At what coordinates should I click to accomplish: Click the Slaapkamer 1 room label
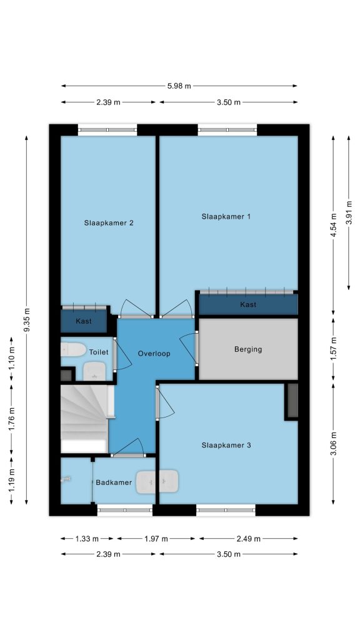coord(226,216)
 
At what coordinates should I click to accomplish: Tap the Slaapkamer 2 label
coord(109,223)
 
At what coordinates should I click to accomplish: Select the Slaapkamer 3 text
coord(226,445)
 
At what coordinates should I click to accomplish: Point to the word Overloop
coord(154,354)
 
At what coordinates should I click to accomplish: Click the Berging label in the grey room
coord(248,349)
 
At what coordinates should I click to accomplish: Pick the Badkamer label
coord(114,482)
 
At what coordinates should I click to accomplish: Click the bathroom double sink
coord(157,481)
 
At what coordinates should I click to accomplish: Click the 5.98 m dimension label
coord(179,86)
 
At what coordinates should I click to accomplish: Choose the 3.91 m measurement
coord(349,212)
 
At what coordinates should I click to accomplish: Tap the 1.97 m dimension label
coord(156,539)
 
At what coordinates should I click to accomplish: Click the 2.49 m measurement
coord(249,539)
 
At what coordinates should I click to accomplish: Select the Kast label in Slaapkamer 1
coord(248,304)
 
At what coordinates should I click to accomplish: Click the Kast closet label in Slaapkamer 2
coord(84,321)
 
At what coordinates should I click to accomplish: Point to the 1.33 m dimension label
coord(87,539)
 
